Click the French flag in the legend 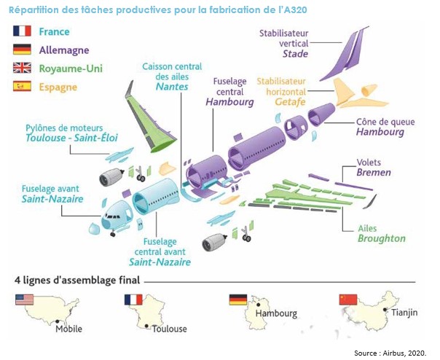click(x=22, y=31)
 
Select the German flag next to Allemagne click(x=22, y=50)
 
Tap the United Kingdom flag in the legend click(x=22, y=68)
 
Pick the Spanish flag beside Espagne click(x=22, y=86)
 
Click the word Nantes click(x=172, y=87)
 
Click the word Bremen click(x=374, y=173)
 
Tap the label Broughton click(x=381, y=238)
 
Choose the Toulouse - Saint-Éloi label click(x=63, y=137)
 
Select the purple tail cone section click(x=321, y=117)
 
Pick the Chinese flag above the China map click(x=348, y=300)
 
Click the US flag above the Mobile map click(x=24, y=300)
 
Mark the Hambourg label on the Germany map click(x=276, y=313)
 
